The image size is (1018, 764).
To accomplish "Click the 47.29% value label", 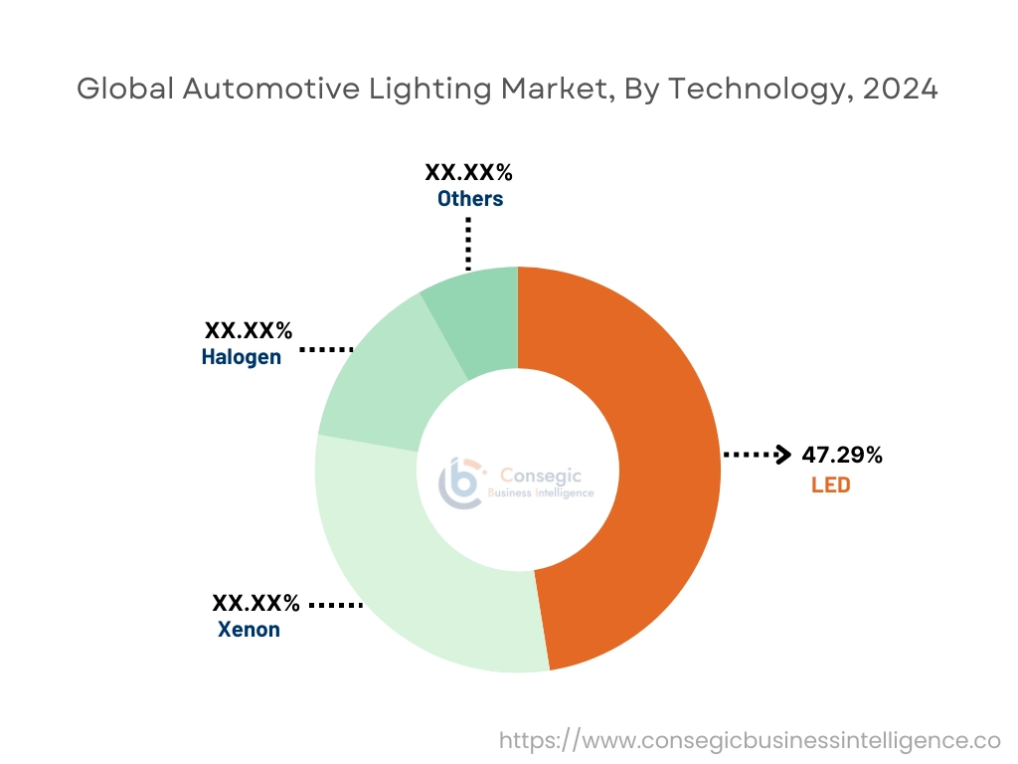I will (x=841, y=456).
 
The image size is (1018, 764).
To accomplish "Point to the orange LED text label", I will (x=830, y=485).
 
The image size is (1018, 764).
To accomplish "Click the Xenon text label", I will (x=249, y=630).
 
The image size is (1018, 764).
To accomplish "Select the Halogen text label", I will (x=242, y=357).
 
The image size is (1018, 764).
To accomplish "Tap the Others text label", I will (x=470, y=199).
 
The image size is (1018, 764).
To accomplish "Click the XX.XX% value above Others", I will (x=468, y=172).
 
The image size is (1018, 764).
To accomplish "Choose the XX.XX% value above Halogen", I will (x=249, y=330).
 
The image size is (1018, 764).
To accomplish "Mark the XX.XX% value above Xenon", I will (x=255, y=603).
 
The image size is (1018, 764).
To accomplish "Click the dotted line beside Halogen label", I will (x=327, y=349).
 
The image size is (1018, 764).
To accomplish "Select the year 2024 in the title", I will (x=900, y=89).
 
